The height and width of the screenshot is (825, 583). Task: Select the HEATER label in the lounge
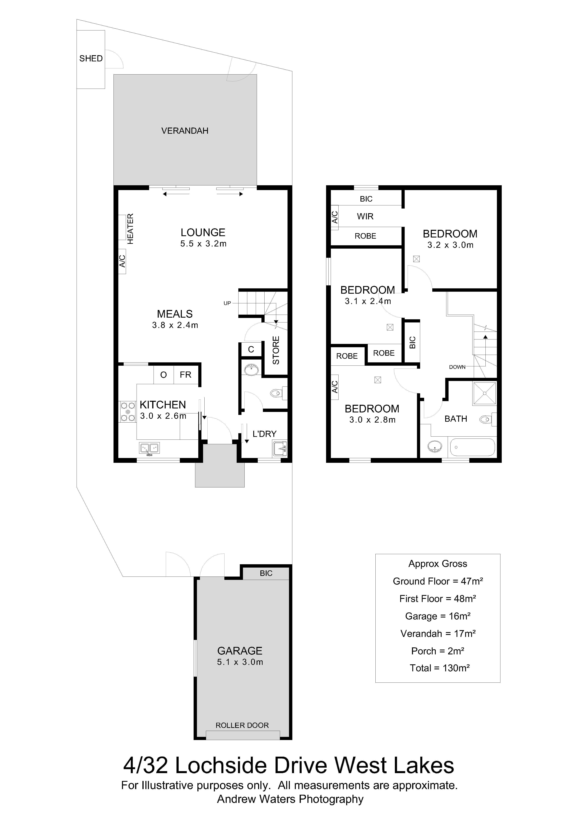[130, 229]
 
